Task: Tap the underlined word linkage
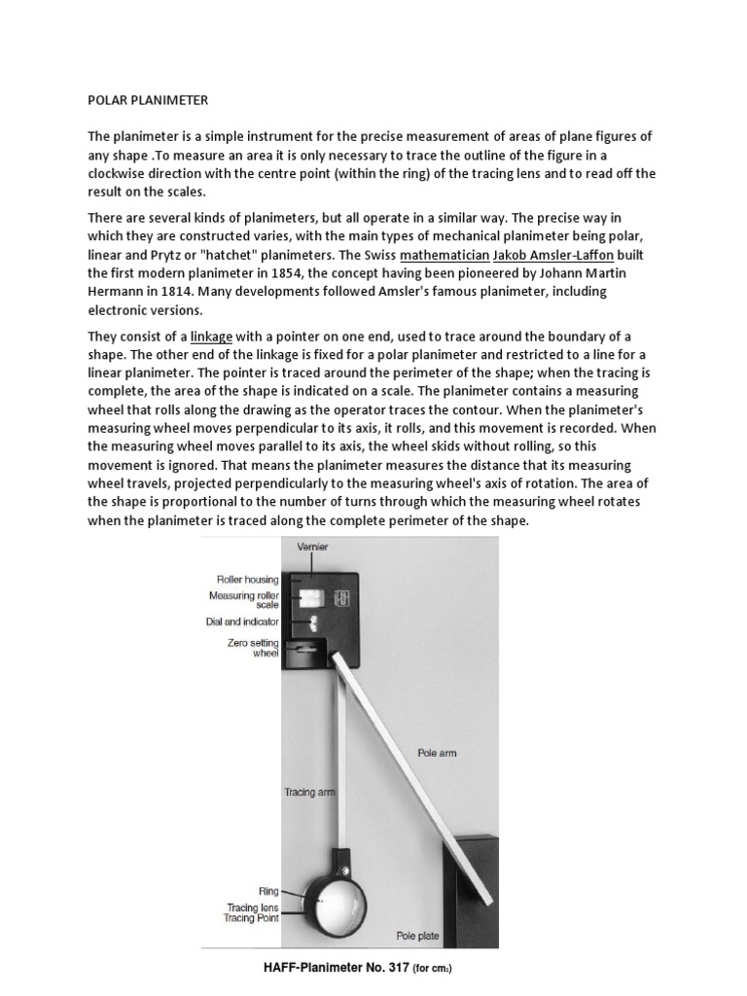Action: click(x=211, y=337)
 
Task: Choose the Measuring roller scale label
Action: click(x=244, y=600)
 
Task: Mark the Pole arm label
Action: click(x=437, y=752)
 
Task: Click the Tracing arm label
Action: click(x=308, y=792)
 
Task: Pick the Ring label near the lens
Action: click(x=268, y=889)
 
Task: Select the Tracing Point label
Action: click(x=253, y=917)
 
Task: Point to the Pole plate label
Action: click(x=417, y=937)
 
